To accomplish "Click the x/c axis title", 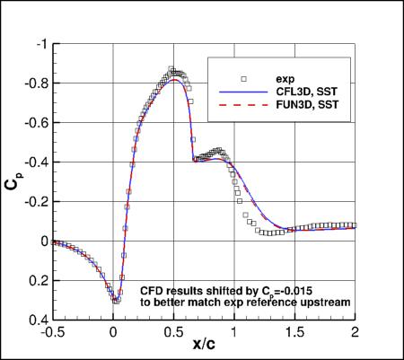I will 204,348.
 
